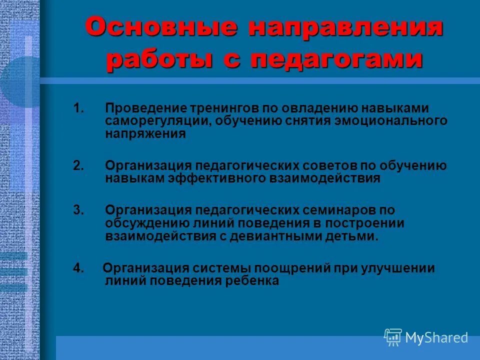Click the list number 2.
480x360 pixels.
click(77, 165)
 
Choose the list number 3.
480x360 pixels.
click(77, 210)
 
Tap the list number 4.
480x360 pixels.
click(77, 268)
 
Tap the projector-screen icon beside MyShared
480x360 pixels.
click(393, 337)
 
